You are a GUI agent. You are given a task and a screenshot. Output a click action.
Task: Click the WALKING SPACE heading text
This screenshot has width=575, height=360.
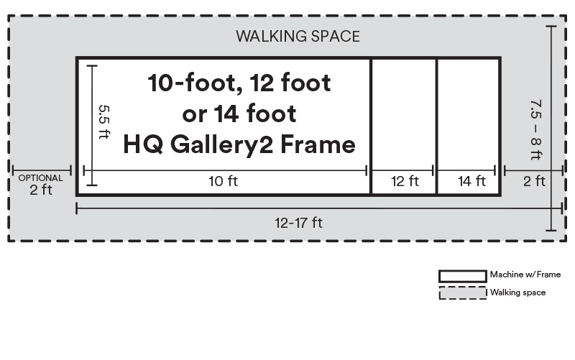298,37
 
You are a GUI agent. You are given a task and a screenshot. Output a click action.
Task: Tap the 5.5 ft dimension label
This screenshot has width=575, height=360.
104,122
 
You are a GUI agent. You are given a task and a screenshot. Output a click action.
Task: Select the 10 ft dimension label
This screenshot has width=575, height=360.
223,181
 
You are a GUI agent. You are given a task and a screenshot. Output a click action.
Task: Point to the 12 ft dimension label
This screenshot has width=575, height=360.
405,181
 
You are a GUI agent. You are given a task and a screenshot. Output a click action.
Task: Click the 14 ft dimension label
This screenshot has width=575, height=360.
471,181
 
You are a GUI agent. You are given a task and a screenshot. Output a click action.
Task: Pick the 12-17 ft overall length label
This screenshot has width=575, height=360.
298,223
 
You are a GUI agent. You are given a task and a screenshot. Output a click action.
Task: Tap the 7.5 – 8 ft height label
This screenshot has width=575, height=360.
536,130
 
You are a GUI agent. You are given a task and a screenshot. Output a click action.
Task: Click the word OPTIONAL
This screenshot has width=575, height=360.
41,178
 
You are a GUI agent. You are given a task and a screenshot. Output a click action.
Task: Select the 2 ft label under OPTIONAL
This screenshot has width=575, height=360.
41,190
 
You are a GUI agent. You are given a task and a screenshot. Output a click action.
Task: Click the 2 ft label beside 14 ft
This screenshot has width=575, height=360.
534,181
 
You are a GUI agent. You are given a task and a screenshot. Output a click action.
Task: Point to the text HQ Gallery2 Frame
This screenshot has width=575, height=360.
239,144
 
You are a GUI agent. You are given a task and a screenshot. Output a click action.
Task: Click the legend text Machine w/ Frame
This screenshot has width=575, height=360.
525,274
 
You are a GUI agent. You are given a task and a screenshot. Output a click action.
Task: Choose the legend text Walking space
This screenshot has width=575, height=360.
517,292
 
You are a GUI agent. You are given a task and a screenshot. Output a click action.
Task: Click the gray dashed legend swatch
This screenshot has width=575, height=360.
463,293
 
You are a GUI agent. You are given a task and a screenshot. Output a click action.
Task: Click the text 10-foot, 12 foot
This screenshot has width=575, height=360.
239,83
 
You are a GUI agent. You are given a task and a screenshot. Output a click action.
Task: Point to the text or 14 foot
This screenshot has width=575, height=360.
239,114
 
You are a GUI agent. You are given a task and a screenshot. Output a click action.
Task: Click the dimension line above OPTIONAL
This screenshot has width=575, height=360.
42,170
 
